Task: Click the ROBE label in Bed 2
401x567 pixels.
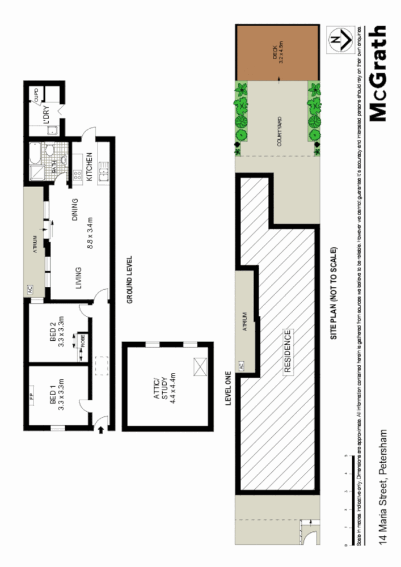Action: click(82, 341)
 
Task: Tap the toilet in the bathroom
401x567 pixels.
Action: click(49, 151)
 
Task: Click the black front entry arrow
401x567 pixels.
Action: click(101, 431)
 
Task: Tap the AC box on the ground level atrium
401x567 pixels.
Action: click(29, 288)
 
